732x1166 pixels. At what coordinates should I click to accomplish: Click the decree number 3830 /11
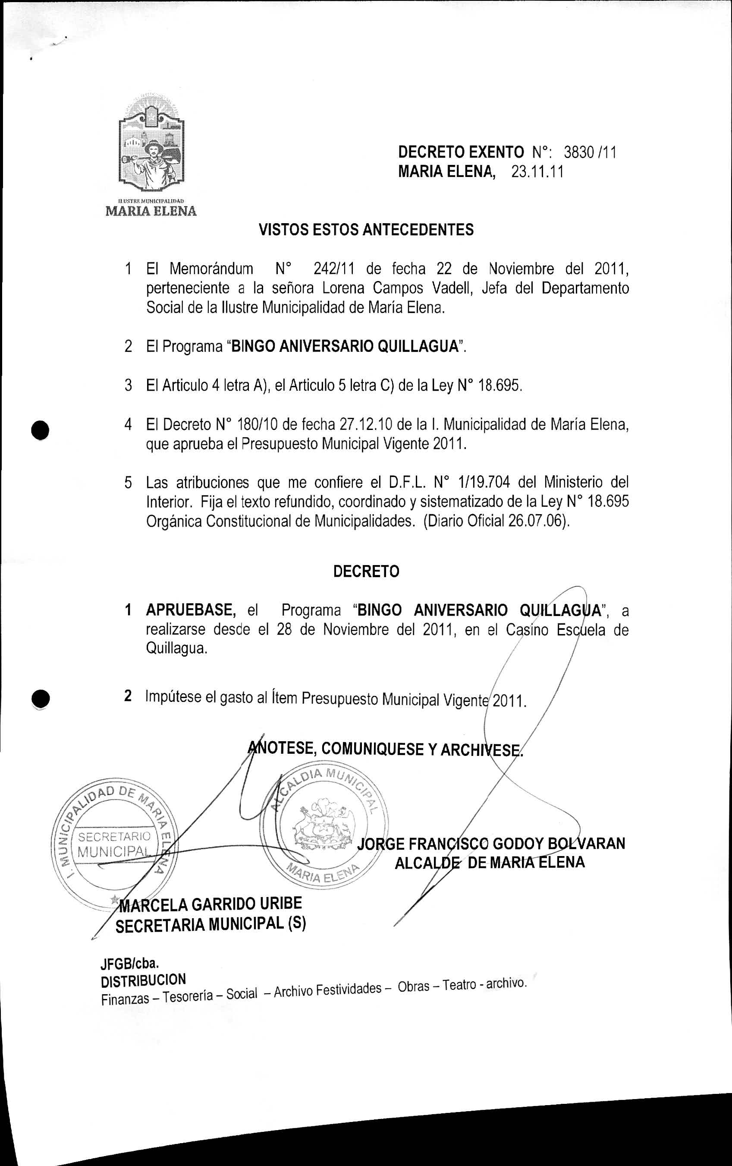589,152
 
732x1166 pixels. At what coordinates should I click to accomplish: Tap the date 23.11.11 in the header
537,172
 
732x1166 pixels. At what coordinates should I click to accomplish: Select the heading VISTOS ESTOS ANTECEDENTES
366,230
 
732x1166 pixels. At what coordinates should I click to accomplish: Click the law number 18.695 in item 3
500,386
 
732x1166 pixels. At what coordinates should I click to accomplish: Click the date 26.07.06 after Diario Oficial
537,521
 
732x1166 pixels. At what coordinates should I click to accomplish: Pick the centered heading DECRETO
366,572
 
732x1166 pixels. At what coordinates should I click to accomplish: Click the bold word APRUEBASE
191,610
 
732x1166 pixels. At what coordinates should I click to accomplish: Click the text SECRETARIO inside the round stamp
114,837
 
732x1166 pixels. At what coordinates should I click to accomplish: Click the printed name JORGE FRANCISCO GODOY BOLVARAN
490,843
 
